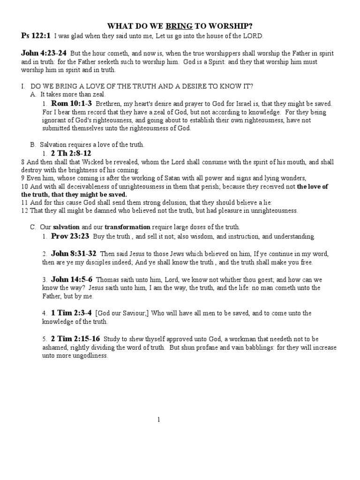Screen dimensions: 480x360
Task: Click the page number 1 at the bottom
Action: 159,420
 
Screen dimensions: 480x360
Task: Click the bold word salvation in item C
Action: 66,227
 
